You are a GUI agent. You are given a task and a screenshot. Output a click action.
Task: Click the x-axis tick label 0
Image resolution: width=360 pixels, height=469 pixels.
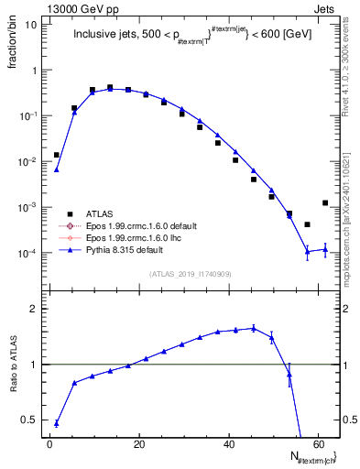pyautogui.click(x=49, y=443)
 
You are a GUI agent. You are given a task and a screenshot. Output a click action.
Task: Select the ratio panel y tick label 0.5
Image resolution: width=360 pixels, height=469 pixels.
pyautogui.click(x=29, y=420)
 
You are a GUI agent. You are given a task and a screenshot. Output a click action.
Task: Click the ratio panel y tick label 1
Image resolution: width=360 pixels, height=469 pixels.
pyautogui.click(x=34, y=365)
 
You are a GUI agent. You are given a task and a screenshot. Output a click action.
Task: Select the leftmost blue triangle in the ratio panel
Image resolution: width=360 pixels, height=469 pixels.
pyautogui.click(x=56, y=423)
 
